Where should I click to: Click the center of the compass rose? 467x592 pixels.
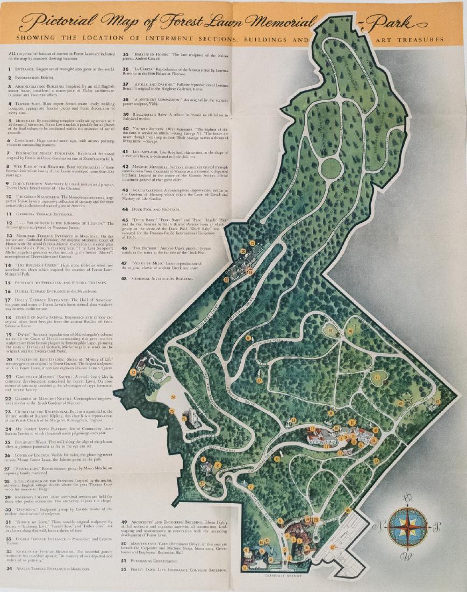click(408, 525)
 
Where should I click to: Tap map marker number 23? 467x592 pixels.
click(133, 372)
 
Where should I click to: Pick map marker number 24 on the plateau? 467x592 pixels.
click(174, 397)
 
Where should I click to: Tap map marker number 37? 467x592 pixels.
click(259, 380)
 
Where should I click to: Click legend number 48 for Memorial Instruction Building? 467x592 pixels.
click(125, 278)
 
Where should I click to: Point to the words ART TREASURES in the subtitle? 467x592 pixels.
click(416, 39)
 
